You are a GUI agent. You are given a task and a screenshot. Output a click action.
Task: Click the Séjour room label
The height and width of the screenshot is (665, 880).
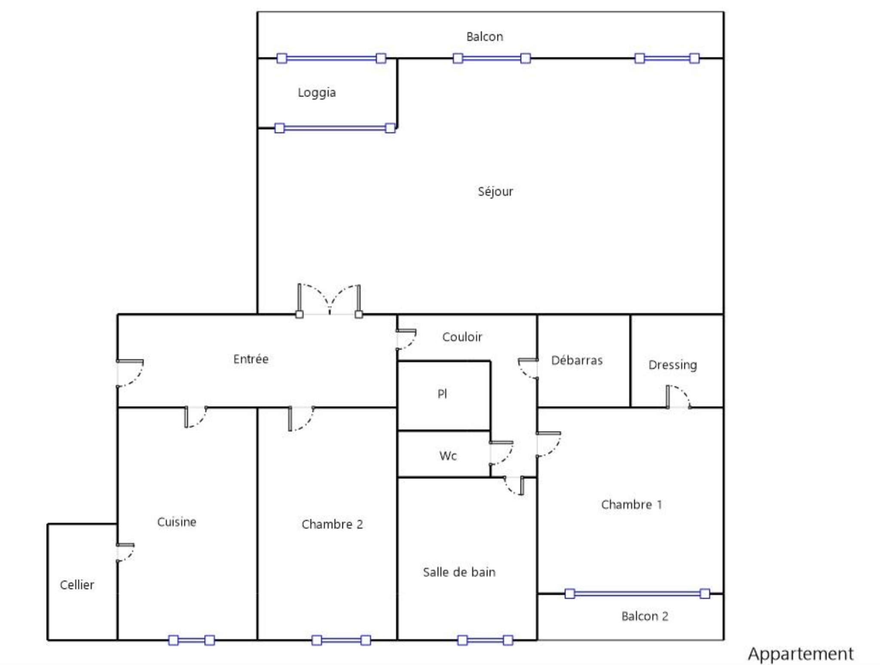495,191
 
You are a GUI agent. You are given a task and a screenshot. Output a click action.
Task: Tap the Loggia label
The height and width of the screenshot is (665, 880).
317,93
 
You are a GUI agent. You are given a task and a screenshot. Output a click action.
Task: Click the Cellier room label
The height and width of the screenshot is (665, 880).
77,585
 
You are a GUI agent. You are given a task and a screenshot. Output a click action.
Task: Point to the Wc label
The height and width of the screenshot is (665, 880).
448,456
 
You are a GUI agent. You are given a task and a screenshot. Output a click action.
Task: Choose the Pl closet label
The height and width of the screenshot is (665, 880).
442,394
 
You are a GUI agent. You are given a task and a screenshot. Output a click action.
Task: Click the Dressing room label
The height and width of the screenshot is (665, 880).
673,365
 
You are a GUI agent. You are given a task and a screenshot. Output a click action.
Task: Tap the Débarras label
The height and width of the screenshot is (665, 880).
577,360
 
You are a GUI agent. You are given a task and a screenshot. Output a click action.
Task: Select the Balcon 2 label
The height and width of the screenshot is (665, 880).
645,616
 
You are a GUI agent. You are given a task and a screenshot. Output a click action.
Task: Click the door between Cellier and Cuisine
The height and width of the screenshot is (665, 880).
125,553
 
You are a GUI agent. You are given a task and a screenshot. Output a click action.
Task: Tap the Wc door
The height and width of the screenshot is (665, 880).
501,453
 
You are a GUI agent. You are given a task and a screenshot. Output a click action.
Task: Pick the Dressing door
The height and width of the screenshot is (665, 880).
678,397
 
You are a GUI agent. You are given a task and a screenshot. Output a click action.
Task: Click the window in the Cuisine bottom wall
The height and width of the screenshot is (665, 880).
191,640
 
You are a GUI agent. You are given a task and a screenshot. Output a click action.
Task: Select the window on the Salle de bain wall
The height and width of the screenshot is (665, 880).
485,640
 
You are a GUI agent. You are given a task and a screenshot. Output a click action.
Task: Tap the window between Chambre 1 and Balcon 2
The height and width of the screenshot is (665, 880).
637,593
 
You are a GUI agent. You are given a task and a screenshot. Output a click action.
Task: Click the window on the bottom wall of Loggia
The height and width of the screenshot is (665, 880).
335,128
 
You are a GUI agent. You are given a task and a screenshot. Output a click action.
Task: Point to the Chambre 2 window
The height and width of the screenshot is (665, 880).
341,640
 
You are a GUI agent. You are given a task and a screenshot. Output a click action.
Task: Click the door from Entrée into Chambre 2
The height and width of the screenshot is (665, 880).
301,419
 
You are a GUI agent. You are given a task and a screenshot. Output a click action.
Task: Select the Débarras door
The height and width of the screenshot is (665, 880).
528,368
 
